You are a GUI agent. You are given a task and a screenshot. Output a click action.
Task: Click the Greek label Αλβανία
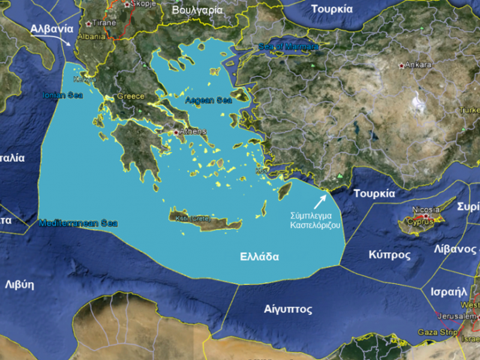click(52, 28)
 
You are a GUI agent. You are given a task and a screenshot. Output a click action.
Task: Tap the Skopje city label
click(139, 4)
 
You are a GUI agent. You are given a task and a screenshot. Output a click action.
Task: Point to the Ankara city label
click(418, 65)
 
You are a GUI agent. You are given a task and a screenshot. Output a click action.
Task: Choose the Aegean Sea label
click(208, 101)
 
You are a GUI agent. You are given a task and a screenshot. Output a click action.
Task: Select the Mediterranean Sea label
click(78, 223)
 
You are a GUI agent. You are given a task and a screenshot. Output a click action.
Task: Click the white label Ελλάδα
click(259, 256)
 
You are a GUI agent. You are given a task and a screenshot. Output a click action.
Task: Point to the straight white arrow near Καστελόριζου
click(320, 200)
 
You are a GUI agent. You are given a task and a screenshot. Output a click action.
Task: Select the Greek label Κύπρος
click(389, 255)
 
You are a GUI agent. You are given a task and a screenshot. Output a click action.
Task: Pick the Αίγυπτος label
click(288, 310)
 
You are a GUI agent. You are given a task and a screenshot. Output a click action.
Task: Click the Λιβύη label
click(19, 284)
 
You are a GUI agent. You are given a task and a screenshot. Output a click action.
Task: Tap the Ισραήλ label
click(449, 292)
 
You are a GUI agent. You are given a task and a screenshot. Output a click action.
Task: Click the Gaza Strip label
click(436, 332)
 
